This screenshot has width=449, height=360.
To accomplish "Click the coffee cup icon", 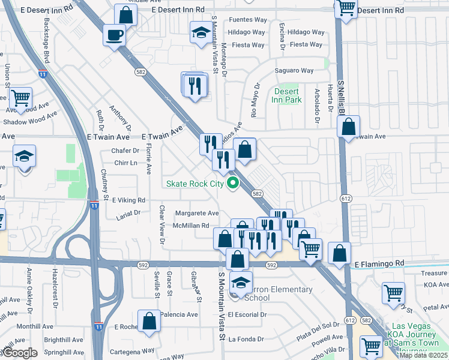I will (x=114, y=35).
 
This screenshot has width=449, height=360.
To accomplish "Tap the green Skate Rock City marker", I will (x=231, y=184).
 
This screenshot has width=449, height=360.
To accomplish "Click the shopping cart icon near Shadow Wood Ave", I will (x=20, y=98).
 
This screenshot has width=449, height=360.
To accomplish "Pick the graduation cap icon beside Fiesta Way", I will (x=200, y=32).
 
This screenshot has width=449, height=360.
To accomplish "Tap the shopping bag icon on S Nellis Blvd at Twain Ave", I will (x=348, y=127).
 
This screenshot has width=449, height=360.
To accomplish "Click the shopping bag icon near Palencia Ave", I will (x=149, y=321).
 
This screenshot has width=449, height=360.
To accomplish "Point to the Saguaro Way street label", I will (x=294, y=71).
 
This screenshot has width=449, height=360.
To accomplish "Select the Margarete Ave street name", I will (x=197, y=213).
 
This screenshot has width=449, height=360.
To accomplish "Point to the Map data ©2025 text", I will (x=423, y=355).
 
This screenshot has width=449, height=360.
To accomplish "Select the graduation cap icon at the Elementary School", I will (x=241, y=282).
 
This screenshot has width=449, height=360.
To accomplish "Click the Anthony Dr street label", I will (x=120, y=118).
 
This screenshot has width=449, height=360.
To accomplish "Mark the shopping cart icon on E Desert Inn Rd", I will (x=345, y=8).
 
